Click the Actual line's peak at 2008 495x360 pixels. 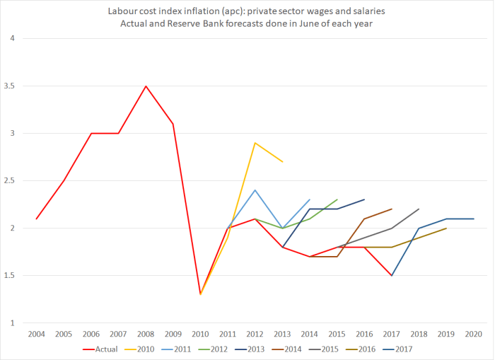(146, 86)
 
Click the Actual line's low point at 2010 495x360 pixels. (201, 294)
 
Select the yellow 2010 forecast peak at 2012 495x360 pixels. (255, 143)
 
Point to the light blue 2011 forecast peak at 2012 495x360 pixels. (255, 190)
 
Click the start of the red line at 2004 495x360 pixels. (36, 219)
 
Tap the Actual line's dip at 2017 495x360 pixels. (392, 275)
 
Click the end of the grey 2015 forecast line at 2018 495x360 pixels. (419, 209)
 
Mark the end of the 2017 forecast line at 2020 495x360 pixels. (473, 219)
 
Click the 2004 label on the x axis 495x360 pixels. (36, 333)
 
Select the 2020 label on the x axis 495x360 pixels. (473, 333)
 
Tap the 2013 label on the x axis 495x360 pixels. (282, 333)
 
